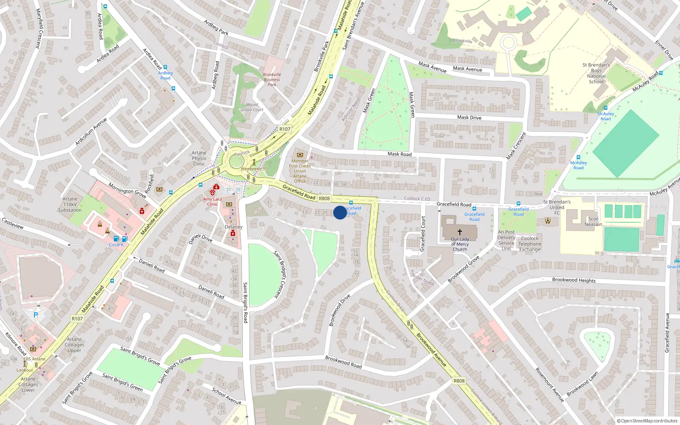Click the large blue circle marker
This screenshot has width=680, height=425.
click(340, 212)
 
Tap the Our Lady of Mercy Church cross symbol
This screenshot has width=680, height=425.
click(459, 232)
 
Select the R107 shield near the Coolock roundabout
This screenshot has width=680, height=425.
click(285, 129)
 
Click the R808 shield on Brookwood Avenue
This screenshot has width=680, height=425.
click(459, 381)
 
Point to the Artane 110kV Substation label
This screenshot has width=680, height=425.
click(70, 204)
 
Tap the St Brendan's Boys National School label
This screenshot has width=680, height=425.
click(596, 73)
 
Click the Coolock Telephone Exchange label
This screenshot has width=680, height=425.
click(530, 244)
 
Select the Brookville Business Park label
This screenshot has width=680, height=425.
click(272, 79)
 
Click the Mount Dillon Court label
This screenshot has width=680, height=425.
click(252, 107)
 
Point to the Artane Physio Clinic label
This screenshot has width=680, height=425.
click(199, 158)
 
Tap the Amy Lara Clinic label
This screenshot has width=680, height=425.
click(212, 201)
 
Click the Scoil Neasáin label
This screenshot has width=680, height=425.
click(593, 221)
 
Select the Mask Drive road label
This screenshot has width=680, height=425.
click(469, 117)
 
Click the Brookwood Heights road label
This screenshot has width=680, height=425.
click(574, 280)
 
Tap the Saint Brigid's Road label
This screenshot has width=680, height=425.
click(245, 302)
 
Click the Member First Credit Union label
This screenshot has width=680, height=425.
click(300, 171)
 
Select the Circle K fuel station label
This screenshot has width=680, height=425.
click(116, 245)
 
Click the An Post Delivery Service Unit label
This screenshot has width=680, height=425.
click(506, 240)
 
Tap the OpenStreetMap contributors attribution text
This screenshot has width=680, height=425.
click(647, 421)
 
